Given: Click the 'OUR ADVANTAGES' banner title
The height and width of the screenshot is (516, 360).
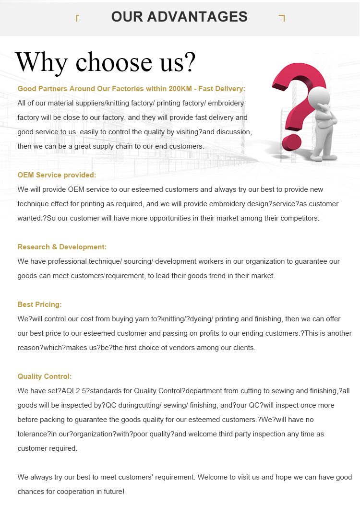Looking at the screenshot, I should (179, 17).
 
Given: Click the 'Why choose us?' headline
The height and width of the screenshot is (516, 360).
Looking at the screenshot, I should (106, 62).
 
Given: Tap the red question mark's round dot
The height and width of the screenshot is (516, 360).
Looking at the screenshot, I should (291, 142).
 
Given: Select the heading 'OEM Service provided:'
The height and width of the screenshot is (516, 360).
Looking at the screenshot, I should (57, 175).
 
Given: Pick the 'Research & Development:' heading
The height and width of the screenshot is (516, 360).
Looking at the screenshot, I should (62, 247).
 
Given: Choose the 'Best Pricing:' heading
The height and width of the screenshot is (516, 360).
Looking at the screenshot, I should (39, 305).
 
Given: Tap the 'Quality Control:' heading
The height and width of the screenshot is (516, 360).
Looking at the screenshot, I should (45, 376).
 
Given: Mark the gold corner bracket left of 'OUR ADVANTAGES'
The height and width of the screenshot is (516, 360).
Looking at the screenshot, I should (77, 18).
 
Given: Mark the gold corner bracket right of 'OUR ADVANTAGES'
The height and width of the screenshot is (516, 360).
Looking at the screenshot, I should (282, 18).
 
